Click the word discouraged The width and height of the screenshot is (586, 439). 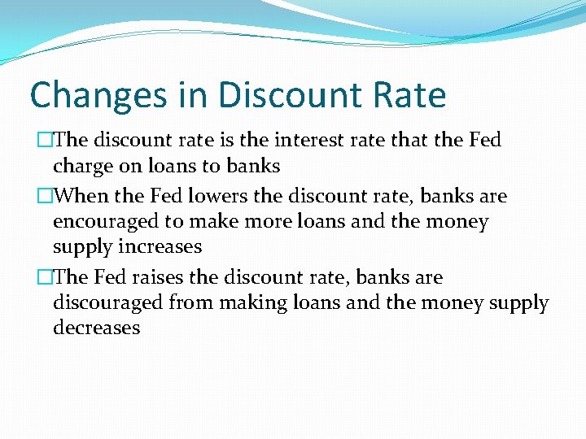108,303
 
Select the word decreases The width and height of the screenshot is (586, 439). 96,328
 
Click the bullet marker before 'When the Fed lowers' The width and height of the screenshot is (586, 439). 46,197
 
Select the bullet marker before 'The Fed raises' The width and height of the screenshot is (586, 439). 46,278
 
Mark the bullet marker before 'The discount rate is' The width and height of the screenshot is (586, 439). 46,141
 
